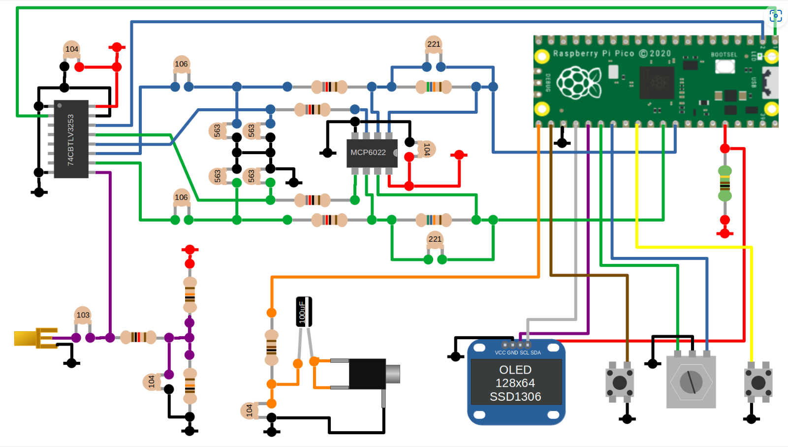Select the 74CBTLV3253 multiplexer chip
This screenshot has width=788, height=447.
[71, 139]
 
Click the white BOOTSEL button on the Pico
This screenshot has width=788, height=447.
[725, 65]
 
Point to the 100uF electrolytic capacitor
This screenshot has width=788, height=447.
[304, 312]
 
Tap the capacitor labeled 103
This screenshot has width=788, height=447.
[83, 315]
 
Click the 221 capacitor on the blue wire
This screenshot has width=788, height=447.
[434, 44]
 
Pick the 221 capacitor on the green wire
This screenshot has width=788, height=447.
[435, 239]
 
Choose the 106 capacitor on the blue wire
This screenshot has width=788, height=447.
[181, 64]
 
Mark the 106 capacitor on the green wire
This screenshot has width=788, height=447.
[181, 197]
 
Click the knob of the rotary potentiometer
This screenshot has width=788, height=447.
[691, 382]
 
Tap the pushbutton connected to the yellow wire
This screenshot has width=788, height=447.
[758, 382]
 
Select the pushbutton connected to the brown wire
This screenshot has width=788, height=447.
[620, 382]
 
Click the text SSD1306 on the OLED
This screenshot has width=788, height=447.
[515, 397]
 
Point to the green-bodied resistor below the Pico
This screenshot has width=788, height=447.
[725, 184]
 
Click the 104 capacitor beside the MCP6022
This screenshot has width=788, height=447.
[426, 149]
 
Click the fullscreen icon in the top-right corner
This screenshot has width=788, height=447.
[776, 16]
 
